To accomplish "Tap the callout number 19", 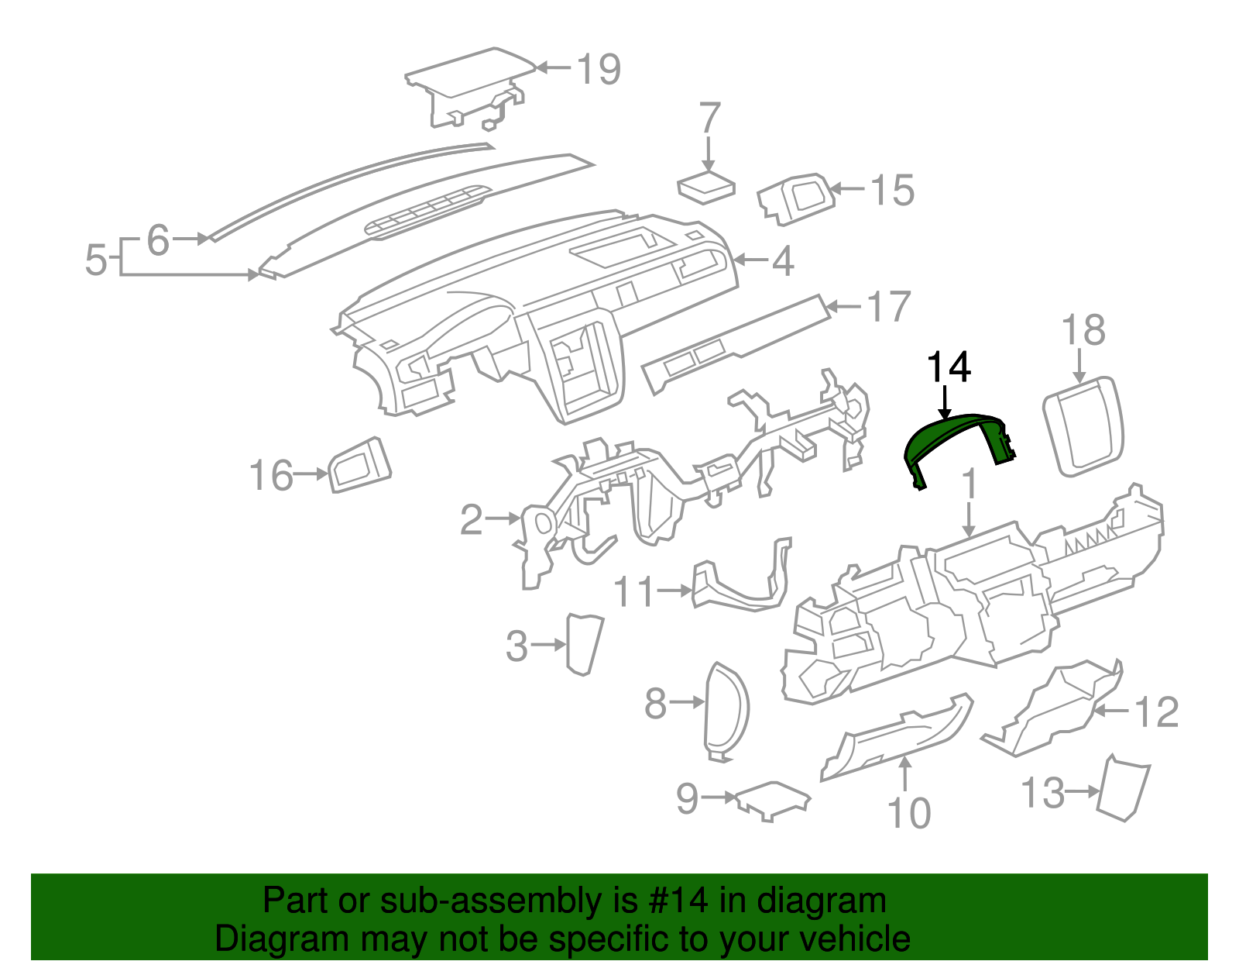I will [x=599, y=70].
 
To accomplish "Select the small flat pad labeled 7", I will [x=705, y=187].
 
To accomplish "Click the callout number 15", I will [x=892, y=190].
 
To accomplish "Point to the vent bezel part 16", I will [x=360, y=465].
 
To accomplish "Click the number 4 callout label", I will [x=783, y=261].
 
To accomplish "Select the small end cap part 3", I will [x=585, y=643].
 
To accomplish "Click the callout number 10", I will [x=908, y=814].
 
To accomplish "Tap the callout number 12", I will [x=1156, y=711].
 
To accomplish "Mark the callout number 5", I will [x=95, y=260].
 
